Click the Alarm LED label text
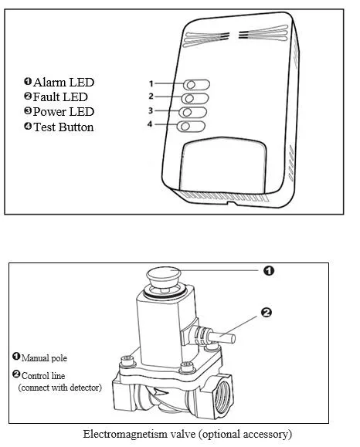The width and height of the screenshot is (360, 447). pos(63,83)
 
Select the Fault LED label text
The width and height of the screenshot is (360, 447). pos(60,97)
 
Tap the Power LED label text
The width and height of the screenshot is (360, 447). pos(63,111)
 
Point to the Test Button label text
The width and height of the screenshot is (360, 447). pos(63,127)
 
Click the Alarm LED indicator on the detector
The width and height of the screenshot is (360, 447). pos(196,85)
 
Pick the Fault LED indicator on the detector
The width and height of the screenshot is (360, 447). pos(195,98)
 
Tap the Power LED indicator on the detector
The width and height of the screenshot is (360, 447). pos(193,112)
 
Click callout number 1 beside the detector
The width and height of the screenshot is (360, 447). pos(151,83)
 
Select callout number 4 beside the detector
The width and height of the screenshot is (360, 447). pos(150,124)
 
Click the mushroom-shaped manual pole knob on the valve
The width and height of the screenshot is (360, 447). pos(164,276)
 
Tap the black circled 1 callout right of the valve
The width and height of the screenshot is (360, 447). pos(269,270)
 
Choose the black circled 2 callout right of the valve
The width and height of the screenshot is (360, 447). pos(267,313)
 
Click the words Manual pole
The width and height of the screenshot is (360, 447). pos(44,358)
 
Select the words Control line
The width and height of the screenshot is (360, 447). pos(43,376)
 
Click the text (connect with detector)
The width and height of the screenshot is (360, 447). pos(60,388)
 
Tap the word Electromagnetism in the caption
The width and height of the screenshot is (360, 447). pos(125,435)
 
